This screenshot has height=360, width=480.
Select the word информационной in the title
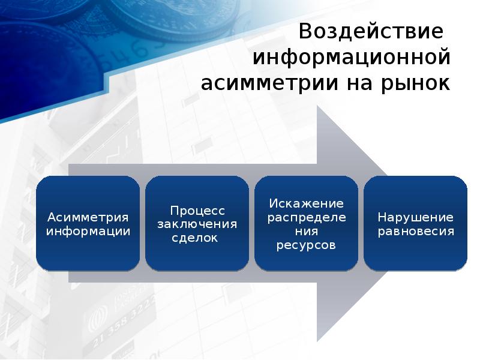[x=351, y=58]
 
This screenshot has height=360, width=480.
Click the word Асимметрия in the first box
[x=88, y=217]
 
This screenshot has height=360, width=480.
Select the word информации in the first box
[x=88, y=230]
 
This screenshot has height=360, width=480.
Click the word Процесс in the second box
[x=197, y=211]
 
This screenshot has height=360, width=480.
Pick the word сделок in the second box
[x=197, y=238]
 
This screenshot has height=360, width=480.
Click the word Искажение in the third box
[x=306, y=203]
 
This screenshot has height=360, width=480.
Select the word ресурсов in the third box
[x=306, y=245]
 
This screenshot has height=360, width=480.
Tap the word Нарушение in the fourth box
[x=415, y=217]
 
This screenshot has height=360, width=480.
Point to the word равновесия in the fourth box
[x=415, y=230]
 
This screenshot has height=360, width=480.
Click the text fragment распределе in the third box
[x=306, y=217]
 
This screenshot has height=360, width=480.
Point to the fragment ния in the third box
[x=306, y=231]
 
